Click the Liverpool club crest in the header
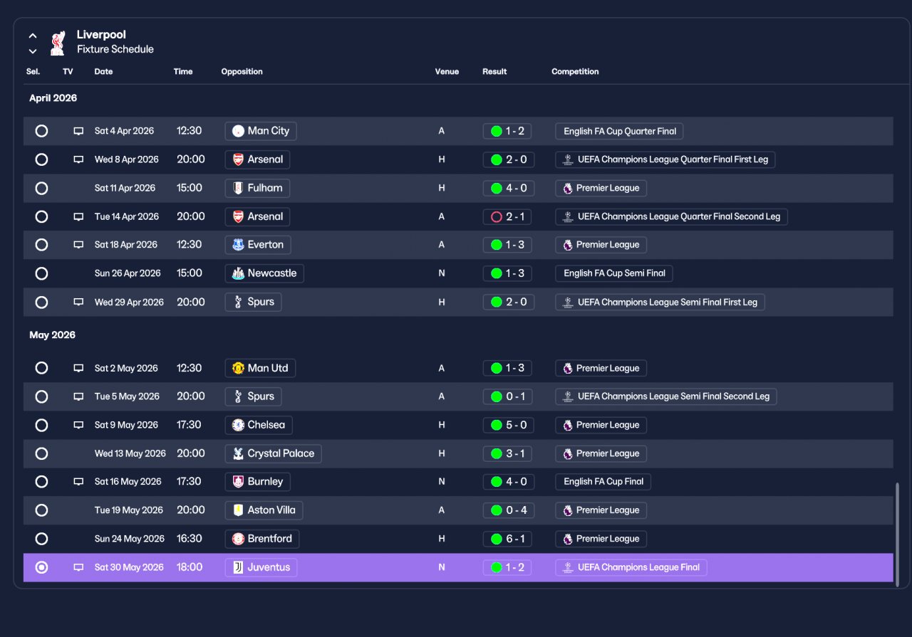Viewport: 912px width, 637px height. [x=58, y=43]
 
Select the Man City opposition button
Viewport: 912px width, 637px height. [x=261, y=131]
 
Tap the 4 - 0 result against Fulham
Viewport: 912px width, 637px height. [x=509, y=188]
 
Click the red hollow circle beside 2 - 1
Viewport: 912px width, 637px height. [x=497, y=217]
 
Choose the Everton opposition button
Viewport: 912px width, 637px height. [x=258, y=245]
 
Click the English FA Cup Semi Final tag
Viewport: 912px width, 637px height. [x=614, y=273]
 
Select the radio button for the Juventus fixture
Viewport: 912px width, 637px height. [x=41, y=567]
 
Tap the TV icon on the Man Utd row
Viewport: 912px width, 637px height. [x=78, y=368]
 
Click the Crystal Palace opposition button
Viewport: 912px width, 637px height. [x=273, y=453]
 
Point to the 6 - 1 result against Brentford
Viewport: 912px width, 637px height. [x=508, y=539]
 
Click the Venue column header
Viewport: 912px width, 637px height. [x=447, y=72]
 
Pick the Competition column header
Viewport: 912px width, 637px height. [x=575, y=72]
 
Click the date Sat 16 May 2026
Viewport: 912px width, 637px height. [x=128, y=482]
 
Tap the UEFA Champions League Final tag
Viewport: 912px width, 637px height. [x=631, y=567]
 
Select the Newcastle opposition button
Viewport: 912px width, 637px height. [x=264, y=273]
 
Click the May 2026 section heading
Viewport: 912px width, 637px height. [x=52, y=335]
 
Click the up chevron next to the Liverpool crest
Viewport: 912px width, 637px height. [x=33, y=36]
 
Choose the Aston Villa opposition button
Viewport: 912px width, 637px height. [x=264, y=510]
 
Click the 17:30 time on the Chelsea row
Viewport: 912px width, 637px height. [x=189, y=425]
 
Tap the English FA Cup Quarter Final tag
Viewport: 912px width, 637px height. [x=619, y=132]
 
